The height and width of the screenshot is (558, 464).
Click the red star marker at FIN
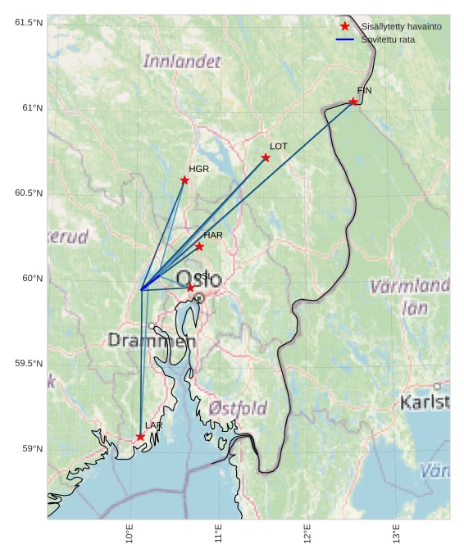coord(353,102)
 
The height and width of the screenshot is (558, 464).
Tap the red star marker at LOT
coord(266,157)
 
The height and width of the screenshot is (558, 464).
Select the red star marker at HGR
coord(184,180)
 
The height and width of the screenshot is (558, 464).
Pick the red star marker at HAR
coord(199,246)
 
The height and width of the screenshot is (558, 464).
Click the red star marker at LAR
coord(140,437)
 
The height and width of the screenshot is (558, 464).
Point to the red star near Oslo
coord(190,288)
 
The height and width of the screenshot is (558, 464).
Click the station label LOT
coord(279,147)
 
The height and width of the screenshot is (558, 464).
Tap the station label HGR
coord(198,170)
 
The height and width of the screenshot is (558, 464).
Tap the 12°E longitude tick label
coord(307,533)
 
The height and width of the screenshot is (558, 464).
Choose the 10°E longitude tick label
coord(130,533)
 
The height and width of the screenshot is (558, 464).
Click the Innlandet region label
coord(182,61)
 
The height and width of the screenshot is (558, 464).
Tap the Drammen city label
coord(152,340)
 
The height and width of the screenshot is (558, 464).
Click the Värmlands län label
coord(410,297)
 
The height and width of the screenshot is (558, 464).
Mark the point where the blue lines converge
coord(142,289)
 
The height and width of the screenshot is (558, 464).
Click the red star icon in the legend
coord(345,26)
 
